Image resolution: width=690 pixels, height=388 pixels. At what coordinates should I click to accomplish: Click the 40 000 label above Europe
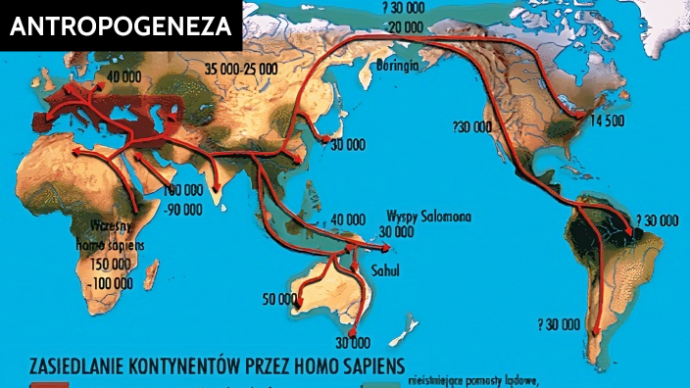point(125,76)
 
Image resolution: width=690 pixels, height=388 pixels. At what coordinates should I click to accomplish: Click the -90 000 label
point(182,208)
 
